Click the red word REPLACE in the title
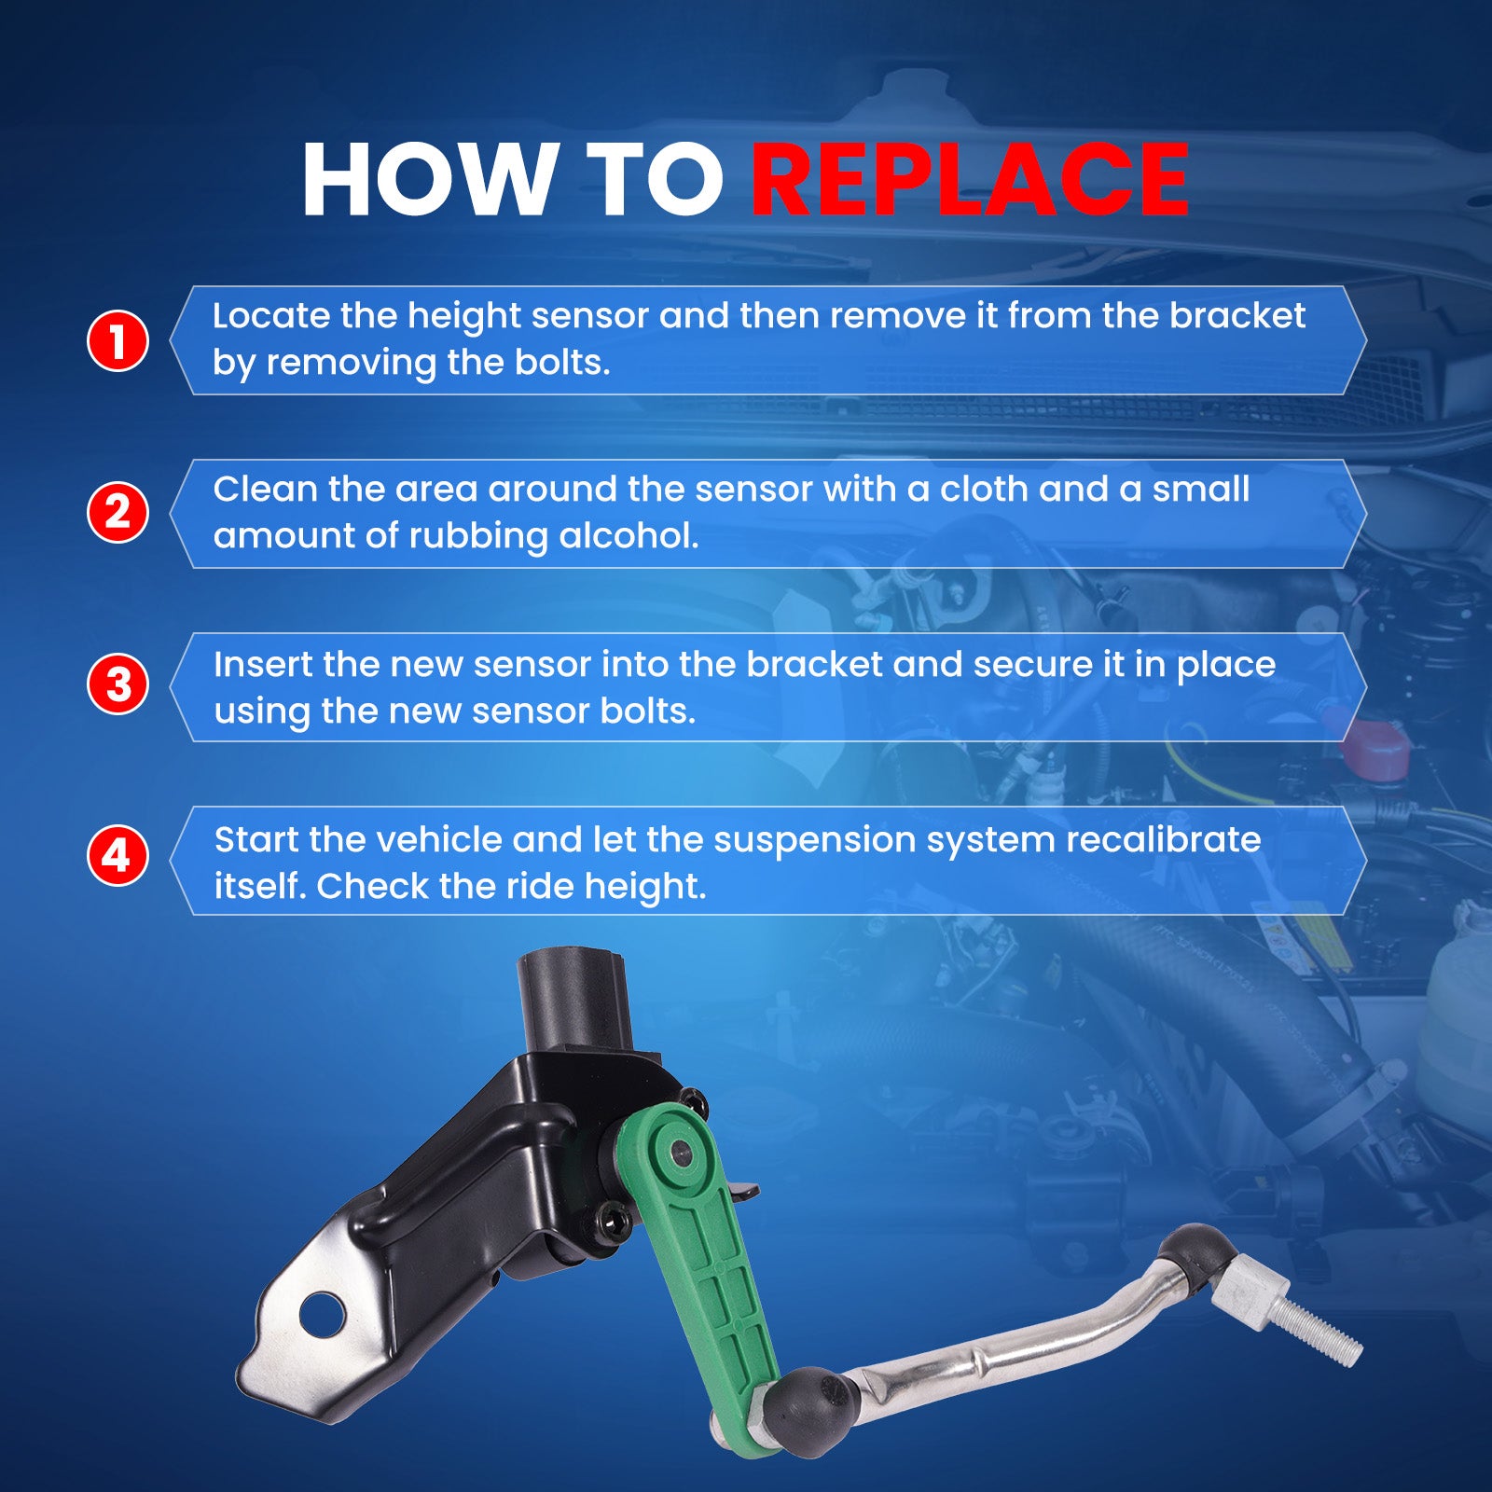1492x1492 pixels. [970, 180]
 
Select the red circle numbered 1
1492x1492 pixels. [117, 340]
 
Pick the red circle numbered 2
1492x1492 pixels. [117, 512]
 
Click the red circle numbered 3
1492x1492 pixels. [117, 684]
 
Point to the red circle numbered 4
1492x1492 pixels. [117, 855]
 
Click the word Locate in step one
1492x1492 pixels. [270, 316]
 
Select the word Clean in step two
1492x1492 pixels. [266, 490]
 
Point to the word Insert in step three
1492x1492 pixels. [263, 665]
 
